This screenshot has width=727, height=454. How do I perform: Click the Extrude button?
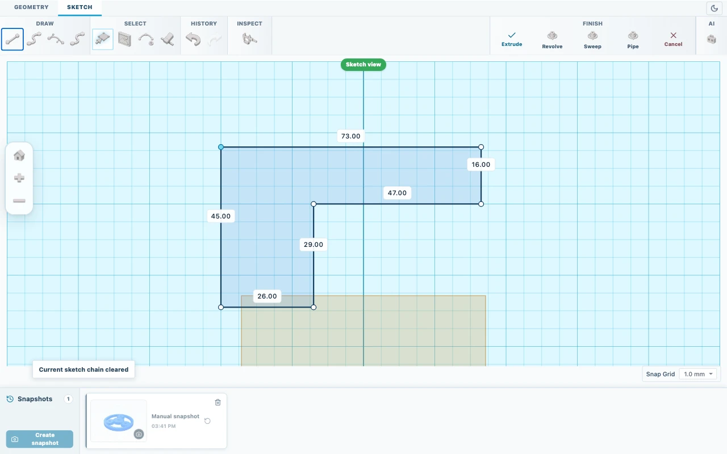coord(512,39)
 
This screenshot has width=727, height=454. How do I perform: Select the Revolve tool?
coord(552,40)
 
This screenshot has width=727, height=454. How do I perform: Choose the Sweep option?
coord(592,40)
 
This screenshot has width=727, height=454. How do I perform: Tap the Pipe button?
coord(633,40)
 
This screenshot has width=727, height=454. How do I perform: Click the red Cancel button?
coord(673,39)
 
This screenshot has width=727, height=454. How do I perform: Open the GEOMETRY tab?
coord(31,7)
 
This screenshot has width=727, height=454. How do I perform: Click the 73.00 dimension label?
coord(350,136)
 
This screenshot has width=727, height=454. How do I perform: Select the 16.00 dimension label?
coord(481,165)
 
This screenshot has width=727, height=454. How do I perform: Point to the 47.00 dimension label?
coord(397,193)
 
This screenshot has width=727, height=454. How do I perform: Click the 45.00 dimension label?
coord(221,216)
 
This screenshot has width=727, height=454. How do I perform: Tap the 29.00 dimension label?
coord(313,245)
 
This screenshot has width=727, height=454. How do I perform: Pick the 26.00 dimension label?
coord(267,296)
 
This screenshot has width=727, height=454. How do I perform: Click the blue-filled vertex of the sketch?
coord(221,147)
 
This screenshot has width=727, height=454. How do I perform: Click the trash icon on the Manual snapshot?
coord(218,402)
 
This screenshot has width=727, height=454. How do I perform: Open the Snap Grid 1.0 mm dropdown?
coord(698,374)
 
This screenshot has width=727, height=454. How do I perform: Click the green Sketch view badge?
coord(363,65)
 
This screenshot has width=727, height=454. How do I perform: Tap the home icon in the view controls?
coord(19,155)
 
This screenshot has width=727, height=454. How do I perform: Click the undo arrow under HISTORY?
coord(193,39)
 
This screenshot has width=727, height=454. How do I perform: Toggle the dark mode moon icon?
coord(714,9)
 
